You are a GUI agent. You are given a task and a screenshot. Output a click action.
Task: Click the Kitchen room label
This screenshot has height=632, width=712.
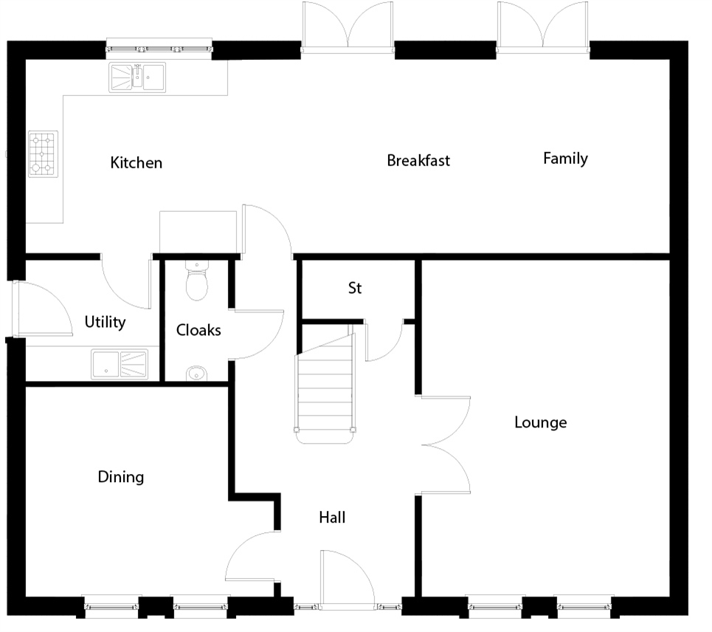tap(136, 162)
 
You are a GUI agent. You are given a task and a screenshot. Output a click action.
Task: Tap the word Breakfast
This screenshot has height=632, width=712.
tap(418, 160)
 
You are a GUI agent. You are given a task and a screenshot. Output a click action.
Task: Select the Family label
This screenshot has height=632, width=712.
tap(565, 158)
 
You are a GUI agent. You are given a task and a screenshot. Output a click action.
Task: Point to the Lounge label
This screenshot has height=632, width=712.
tap(540, 422)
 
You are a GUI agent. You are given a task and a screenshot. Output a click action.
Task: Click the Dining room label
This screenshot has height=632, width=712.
tap(121, 477)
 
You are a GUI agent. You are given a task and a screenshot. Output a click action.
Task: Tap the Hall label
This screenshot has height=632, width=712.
tap(332, 517)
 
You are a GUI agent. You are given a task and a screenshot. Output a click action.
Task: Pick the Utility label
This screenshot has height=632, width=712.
tap(105, 322)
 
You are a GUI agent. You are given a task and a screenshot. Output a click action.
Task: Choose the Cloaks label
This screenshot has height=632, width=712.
tap(198, 330)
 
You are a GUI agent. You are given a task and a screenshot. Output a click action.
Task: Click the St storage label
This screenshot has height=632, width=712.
tap(355, 288)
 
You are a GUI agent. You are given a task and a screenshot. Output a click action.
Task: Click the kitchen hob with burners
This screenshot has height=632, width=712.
tap(43, 154)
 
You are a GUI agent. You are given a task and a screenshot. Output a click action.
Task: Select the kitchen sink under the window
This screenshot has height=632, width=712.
tap(137, 78)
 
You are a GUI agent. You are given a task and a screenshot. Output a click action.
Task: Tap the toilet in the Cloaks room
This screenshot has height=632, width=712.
tap(196, 280)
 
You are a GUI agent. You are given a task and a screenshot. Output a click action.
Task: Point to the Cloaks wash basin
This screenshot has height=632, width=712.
tap(196, 374)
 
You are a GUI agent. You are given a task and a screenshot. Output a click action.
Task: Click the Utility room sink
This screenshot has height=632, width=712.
tap(120, 364)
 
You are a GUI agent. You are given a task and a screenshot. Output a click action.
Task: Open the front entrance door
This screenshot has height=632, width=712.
tap(348, 580)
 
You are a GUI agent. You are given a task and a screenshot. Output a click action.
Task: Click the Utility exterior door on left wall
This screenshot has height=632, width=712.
tap(42, 309)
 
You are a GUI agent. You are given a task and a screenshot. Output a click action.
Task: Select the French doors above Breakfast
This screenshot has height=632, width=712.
tap(348, 27)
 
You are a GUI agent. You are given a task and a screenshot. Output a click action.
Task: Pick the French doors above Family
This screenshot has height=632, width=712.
tap(542, 27)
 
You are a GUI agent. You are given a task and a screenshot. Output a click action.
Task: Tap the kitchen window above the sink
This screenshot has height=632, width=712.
tap(159, 49)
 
